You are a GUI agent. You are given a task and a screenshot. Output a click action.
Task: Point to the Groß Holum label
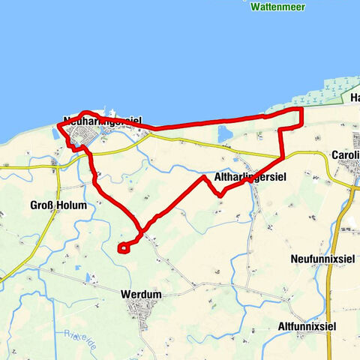58,205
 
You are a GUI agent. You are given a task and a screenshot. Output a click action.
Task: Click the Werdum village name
140,295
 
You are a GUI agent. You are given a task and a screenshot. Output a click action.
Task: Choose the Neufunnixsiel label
322,259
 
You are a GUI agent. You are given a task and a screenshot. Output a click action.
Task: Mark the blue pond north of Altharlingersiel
225,135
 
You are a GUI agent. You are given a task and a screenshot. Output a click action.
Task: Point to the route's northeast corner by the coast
301,109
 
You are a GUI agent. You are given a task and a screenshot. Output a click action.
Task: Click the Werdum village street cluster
140,307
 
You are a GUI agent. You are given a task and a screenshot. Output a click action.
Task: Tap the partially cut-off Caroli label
345,156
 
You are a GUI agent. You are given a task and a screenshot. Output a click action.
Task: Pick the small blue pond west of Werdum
89,278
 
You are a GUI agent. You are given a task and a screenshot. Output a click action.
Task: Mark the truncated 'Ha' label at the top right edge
355,98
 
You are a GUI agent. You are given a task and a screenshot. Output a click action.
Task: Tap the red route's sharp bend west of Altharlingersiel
203,178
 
